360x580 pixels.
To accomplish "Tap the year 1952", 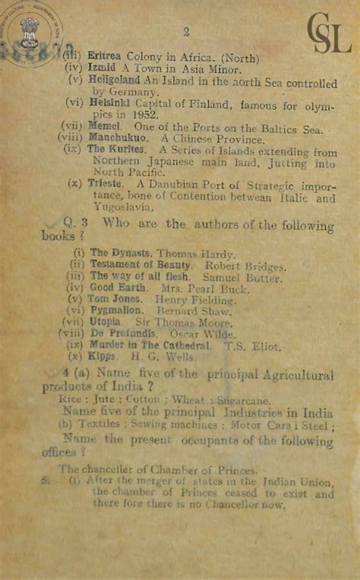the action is (x=143, y=114).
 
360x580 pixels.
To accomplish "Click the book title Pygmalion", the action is (x=116, y=310).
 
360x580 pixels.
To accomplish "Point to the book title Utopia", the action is (x=106, y=322).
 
